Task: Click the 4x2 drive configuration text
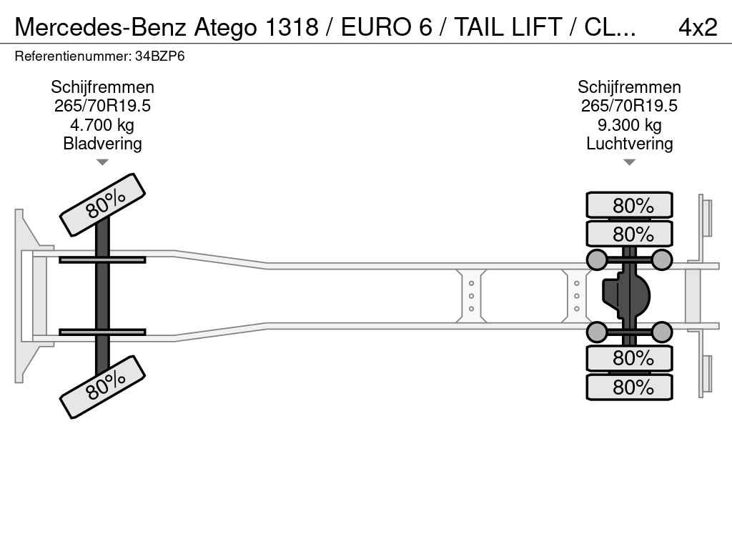(698, 27)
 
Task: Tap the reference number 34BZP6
(159, 56)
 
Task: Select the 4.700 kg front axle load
(102, 125)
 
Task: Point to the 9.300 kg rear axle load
(629, 125)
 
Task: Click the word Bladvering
(102, 143)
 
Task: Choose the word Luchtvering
(629, 143)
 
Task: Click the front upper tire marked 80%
(103, 205)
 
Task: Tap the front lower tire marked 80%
(103, 387)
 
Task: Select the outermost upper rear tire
(629, 205)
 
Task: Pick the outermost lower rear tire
(629, 387)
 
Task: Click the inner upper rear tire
(629, 234)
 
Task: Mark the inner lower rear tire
(629, 359)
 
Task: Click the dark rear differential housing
(625, 296)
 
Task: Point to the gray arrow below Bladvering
(102, 162)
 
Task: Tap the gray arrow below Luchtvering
(629, 162)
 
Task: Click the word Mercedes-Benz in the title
(102, 27)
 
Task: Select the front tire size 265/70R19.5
(102, 106)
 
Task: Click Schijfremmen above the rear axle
(629, 87)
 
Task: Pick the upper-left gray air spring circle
(597, 259)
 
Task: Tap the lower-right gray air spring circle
(661, 332)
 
